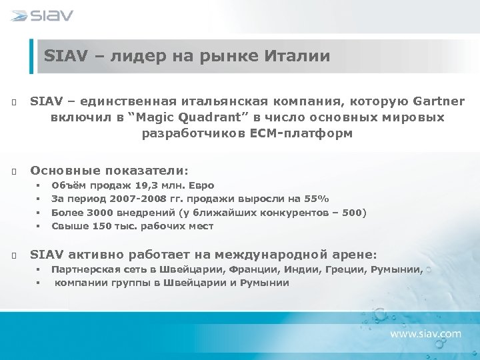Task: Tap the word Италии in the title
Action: click(298, 56)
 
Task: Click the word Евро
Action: click(201, 185)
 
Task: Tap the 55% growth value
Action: click(317, 199)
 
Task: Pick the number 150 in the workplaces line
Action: click(101, 226)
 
